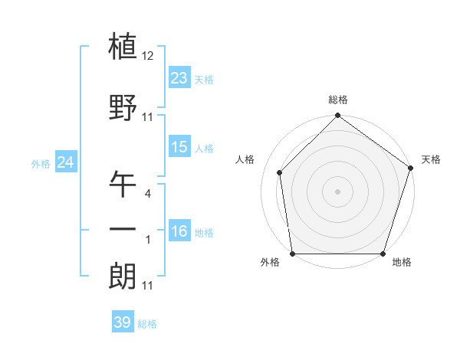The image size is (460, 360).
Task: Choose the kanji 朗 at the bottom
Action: [123, 275]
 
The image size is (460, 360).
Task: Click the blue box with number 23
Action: [179, 77]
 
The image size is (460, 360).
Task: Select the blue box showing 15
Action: [179, 146]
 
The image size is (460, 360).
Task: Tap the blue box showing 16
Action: [179, 231]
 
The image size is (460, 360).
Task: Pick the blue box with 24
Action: [65, 162]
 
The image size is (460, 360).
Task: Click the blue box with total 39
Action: [123, 322]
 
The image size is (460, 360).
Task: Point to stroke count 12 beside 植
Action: [149, 56]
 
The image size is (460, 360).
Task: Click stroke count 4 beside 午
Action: [149, 194]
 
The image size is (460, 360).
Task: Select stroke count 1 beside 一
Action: [149, 240]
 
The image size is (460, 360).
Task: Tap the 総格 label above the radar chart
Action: [338, 100]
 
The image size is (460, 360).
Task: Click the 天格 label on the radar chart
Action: [431, 159]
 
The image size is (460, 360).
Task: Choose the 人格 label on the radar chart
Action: [245, 159]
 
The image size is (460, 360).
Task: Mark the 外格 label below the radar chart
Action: [270, 263]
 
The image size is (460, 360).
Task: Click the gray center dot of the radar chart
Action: [338, 191]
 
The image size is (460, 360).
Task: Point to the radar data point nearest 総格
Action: [338, 116]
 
